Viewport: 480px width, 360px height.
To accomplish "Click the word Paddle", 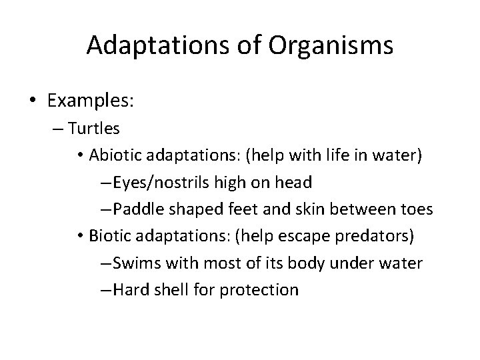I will (x=137, y=209).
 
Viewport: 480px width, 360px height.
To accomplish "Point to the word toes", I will (x=415, y=209).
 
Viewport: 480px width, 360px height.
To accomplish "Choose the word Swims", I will (x=136, y=263).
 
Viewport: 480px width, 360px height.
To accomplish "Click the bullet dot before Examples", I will (x=33, y=101).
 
